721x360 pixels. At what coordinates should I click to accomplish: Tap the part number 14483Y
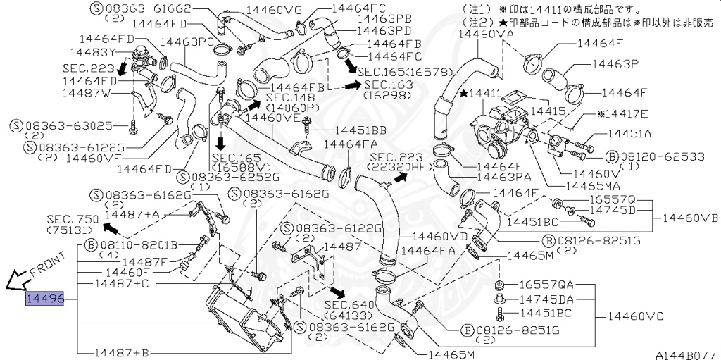(93, 52)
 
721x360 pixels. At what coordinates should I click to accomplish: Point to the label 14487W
(85, 93)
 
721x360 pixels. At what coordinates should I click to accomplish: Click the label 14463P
(614, 63)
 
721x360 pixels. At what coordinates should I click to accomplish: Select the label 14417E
(622, 113)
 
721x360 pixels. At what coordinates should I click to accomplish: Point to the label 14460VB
(691, 218)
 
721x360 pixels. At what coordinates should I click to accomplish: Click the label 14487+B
(121, 352)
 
